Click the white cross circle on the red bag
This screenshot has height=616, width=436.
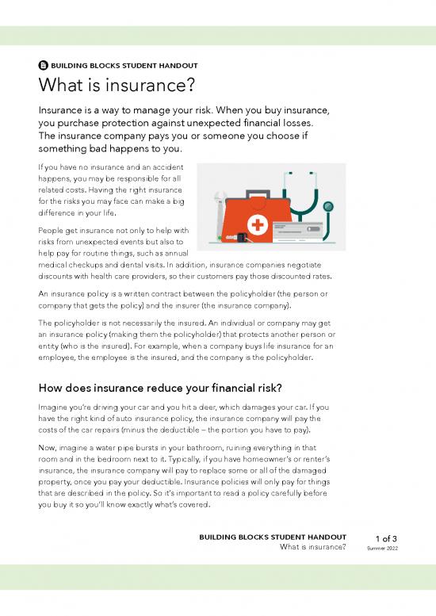coord(256,225)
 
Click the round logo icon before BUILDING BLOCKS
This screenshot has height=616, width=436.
coord(44,66)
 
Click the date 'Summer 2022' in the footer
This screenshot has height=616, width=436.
coord(383,548)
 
